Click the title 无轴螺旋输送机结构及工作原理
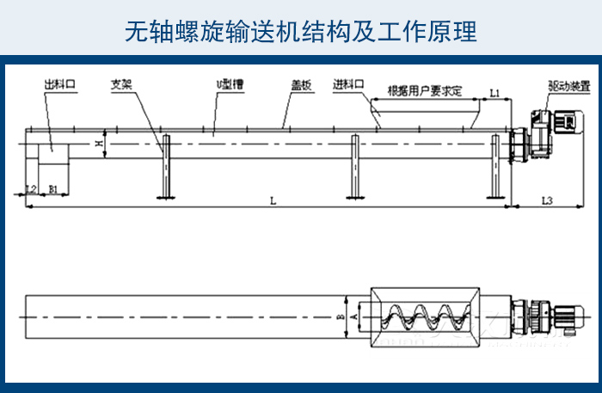point(300,32)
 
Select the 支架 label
point(121,86)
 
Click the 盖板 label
point(300,86)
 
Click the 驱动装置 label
point(568,87)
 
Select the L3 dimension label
point(548,200)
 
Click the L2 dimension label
point(31,187)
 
